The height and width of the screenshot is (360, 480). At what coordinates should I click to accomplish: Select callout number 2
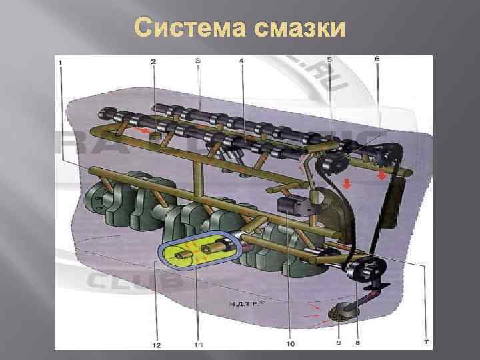click(x=153, y=61)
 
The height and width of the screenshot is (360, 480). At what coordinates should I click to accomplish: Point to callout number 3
click(x=198, y=61)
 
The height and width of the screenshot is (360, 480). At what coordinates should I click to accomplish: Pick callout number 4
click(x=241, y=61)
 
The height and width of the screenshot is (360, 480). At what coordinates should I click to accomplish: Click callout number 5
click(x=329, y=61)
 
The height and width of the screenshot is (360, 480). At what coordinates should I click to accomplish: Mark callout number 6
click(x=377, y=59)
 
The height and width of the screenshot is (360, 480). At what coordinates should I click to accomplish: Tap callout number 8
click(x=358, y=343)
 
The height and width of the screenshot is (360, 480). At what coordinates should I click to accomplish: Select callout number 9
click(x=338, y=343)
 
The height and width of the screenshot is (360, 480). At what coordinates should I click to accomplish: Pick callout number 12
click(x=155, y=344)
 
